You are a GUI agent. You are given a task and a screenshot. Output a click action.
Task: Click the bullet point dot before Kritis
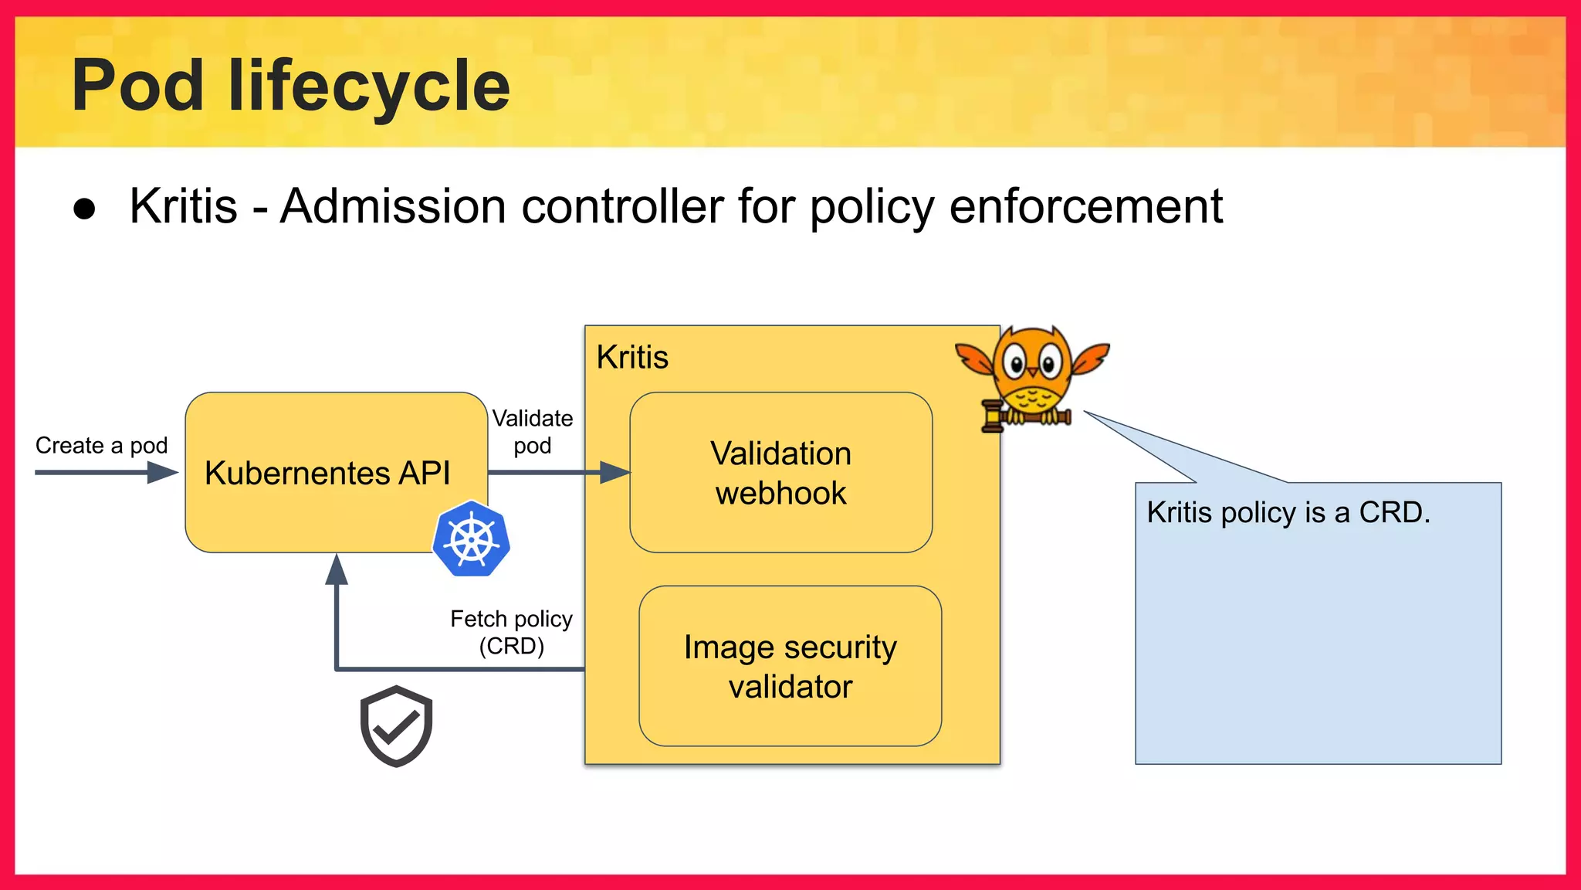click(84, 209)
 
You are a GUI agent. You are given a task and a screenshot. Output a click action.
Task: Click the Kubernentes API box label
click(327, 473)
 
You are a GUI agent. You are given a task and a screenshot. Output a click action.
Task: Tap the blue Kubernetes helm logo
click(471, 538)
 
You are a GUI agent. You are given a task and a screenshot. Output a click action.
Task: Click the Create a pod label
click(101, 446)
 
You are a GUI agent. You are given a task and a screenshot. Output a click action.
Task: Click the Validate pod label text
click(533, 432)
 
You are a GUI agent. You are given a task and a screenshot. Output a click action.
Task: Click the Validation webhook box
click(780, 473)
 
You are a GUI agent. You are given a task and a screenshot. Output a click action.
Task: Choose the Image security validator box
click(790, 666)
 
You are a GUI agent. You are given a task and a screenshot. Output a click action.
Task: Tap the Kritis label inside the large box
click(632, 358)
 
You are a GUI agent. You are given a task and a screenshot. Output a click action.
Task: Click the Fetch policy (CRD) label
click(511, 632)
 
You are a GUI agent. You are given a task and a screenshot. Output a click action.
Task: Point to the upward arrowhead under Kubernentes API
click(337, 570)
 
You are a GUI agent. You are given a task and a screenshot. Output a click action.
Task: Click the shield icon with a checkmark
click(396, 725)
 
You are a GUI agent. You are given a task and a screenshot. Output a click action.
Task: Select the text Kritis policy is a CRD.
click(1288, 513)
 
